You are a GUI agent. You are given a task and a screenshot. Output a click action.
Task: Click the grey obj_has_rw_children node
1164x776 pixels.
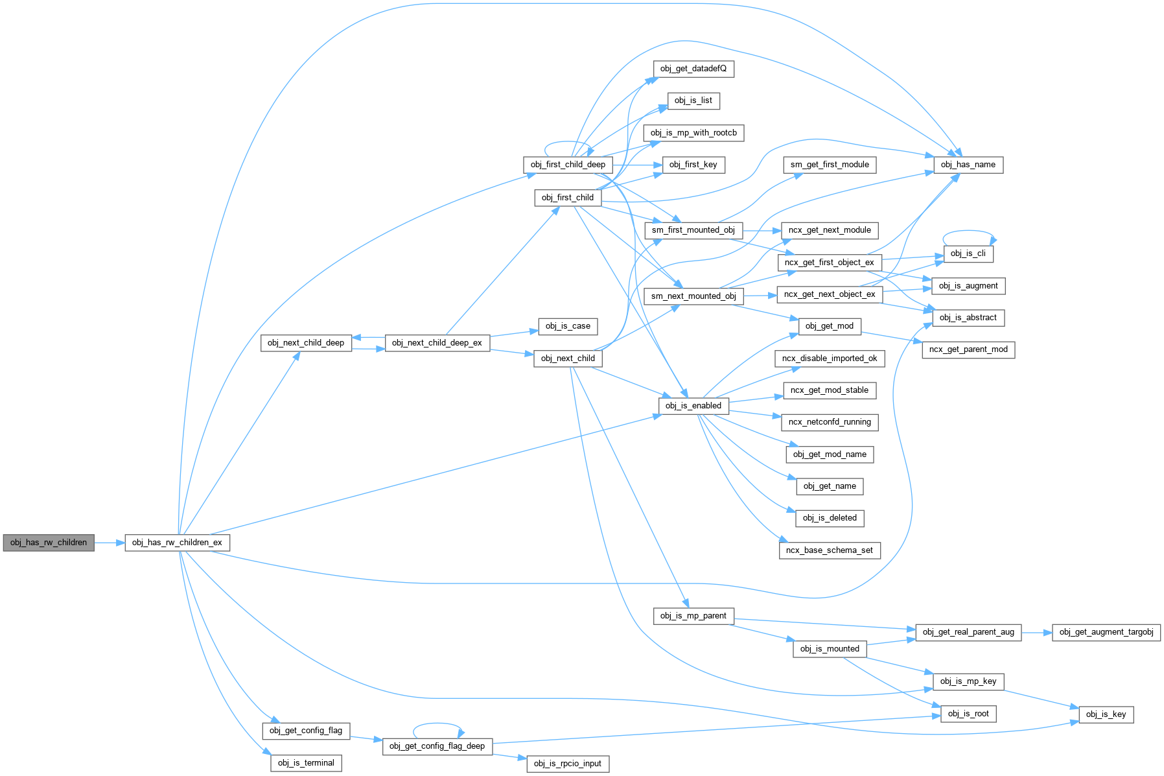click(x=49, y=543)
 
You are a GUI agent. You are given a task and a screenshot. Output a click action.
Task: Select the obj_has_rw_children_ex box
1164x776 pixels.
click(x=177, y=543)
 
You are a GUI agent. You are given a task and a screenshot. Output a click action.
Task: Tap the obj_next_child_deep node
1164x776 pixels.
click(x=306, y=343)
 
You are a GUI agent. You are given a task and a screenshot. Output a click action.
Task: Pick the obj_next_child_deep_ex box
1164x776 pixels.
click(x=437, y=343)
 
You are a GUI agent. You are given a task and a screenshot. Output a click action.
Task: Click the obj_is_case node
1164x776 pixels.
click(x=568, y=326)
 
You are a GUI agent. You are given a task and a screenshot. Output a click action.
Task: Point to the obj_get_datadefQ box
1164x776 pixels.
click(x=693, y=69)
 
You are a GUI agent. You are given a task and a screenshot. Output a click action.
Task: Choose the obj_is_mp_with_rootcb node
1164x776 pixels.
click(x=693, y=133)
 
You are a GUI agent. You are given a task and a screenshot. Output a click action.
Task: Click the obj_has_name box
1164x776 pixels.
click(x=968, y=165)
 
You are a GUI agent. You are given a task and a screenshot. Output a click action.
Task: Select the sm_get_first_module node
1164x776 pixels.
click(x=830, y=165)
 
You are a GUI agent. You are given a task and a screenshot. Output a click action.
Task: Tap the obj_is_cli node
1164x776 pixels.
click(x=968, y=253)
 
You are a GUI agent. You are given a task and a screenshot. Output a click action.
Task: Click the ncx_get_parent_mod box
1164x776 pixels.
click(x=968, y=349)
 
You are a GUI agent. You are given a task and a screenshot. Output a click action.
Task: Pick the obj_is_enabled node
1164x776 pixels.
click(x=693, y=406)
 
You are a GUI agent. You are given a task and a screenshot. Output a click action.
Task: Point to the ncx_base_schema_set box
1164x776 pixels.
click(x=829, y=550)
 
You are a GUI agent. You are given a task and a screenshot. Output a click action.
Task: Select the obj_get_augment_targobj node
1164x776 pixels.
click(x=1106, y=632)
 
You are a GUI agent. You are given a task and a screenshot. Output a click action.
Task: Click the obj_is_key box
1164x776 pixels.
click(x=1106, y=714)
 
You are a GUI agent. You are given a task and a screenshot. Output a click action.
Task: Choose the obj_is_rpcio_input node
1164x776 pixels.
click(x=568, y=764)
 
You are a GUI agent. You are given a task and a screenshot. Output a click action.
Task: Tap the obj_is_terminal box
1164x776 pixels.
click(x=306, y=763)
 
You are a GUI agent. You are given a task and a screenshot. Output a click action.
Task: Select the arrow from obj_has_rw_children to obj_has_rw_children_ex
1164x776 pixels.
click(x=110, y=543)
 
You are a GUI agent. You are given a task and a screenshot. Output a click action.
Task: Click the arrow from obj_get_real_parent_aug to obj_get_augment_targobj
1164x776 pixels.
click(x=1036, y=632)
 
